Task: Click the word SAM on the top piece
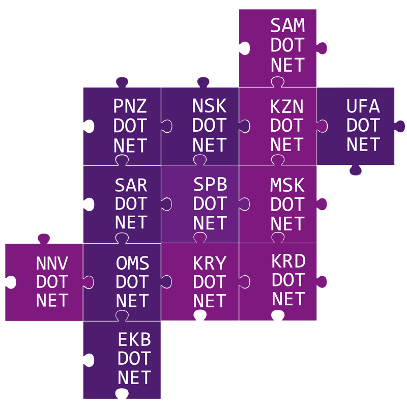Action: coord(287,25)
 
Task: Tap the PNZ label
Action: coord(130,106)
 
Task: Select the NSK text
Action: coord(209,106)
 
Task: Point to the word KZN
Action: coord(286,106)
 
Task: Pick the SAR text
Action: coord(131,185)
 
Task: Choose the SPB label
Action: coord(210,184)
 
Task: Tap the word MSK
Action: coord(287,185)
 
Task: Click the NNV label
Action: coord(52,263)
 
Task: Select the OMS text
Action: coord(132,263)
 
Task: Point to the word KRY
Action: coord(210,263)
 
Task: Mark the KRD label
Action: coord(288,261)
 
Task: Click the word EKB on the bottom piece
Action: coord(134,339)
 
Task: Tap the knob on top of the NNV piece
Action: coord(44,239)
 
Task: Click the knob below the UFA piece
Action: coord(356,170)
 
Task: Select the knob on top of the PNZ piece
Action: coord(122,82)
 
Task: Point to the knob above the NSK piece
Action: coord(203,82)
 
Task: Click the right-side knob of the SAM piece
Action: coord(322,48)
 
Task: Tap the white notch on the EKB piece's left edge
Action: coord(89,360)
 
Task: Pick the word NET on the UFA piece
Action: coord(363,144)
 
